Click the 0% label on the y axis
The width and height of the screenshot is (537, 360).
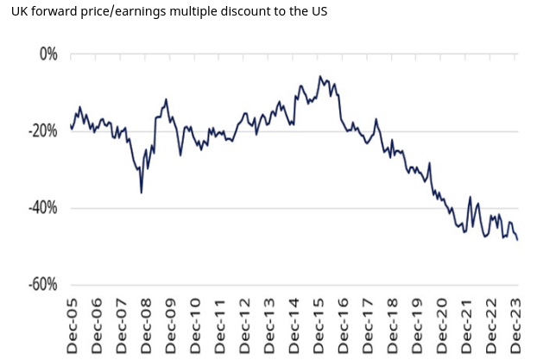coord(44,54)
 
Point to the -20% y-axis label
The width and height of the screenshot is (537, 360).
coord(40,131)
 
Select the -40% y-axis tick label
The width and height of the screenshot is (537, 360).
coord(40,208)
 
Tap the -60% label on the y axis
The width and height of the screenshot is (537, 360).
coord(40,285)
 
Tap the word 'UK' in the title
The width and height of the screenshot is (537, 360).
coord(13,12)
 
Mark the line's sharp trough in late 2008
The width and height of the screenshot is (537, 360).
coord(142,192)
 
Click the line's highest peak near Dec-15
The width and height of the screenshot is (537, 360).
coord(320,76)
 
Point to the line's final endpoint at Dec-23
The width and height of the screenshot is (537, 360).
coord(517,240)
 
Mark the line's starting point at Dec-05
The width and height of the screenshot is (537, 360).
coord(71,126)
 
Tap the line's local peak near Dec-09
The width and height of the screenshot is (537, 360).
coord(166,99)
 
